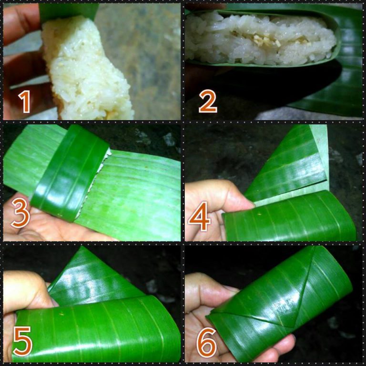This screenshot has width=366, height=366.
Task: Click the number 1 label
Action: [x=24, y=102]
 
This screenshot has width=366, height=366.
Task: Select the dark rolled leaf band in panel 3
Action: [x=69, y=172]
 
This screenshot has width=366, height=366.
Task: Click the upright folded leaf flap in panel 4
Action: [x=291, y=162]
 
